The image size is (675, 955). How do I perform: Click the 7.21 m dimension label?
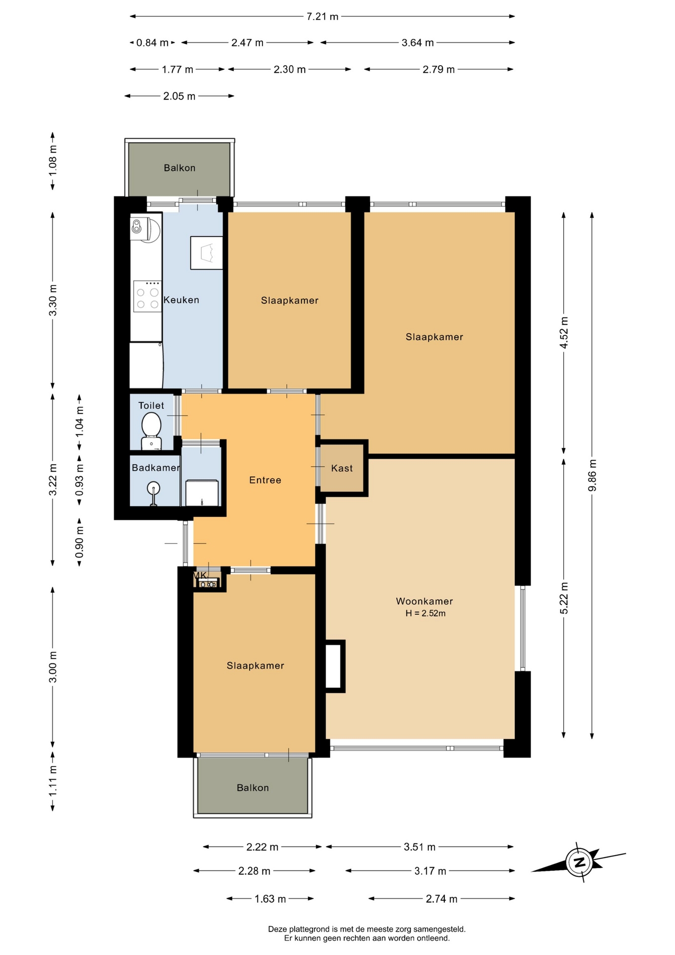322,16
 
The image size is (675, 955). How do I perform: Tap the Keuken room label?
181,300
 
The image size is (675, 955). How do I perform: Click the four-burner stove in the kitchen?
148,296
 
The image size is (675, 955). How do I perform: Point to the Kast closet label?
342,468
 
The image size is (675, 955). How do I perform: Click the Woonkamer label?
424,601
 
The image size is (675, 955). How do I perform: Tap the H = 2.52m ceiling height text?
425,613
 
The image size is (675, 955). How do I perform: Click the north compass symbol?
579,862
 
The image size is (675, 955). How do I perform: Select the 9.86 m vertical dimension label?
592,476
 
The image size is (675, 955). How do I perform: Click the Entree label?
265,480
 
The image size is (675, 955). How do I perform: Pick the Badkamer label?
156,468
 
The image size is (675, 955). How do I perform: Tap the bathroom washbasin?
154,490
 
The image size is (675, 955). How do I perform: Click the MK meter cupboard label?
200,575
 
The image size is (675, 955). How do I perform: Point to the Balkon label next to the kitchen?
179,168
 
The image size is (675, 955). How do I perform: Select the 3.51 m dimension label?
420,847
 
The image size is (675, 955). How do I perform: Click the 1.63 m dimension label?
270,899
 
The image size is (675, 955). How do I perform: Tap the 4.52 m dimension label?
564,333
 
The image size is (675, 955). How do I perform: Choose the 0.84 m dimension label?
153,43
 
